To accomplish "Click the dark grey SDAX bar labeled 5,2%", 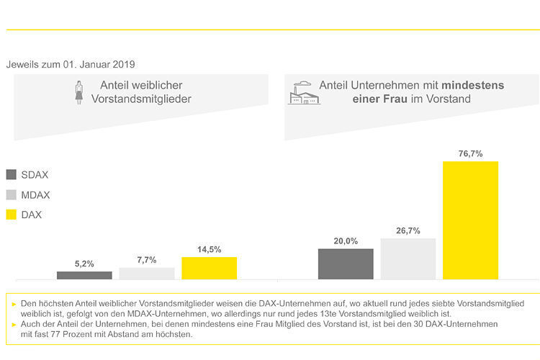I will (84, 275).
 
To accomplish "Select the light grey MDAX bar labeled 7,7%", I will (147, 273).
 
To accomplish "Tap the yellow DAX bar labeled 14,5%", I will (209, 268).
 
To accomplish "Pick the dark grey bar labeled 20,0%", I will (346, 264).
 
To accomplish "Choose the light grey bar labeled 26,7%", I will (408, 258).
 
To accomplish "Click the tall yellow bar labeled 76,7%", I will (470, 220).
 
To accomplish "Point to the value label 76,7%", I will (470, 153).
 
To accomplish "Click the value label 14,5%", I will (209, 249).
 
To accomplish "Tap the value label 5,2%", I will (84, 264).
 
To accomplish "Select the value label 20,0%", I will (346, 241).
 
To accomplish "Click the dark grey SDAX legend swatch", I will (12, 175).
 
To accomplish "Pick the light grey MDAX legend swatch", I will (12, 195).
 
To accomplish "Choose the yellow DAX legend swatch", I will (12, 215).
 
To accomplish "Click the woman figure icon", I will (79, 92).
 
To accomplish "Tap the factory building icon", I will (304, 92).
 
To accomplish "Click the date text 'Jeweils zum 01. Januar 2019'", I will (71, 65).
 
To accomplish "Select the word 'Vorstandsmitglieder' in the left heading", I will (141, 99).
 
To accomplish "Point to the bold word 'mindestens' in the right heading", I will (472, 85).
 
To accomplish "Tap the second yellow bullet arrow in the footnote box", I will (14, 325).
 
